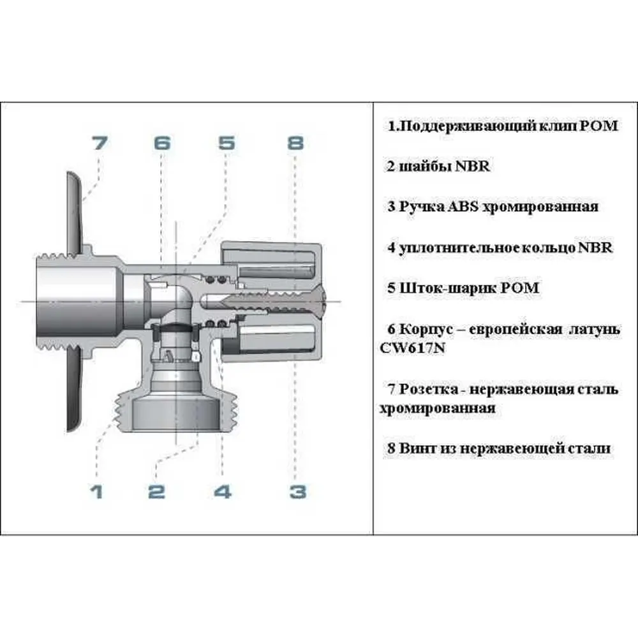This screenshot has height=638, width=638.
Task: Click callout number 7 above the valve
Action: tap(100, 143)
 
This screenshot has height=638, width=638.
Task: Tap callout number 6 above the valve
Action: tap(162, 143)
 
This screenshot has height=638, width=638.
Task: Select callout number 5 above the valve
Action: tap(226, 143)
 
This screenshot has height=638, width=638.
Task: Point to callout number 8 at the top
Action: tap(296, 143)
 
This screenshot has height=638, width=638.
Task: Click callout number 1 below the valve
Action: tap(96, 491)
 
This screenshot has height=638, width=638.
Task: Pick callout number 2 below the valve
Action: tap(157, 491)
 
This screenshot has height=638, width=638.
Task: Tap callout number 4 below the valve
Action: tap(223, 491)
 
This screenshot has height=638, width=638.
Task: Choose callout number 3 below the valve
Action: tap(298, 491)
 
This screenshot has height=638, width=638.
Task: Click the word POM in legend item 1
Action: tap(598, 126)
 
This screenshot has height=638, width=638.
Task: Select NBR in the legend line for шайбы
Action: tap(472, 166)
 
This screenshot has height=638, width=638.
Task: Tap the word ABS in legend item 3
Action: tap(463, 206)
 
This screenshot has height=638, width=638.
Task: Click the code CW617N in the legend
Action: tap(412, 348)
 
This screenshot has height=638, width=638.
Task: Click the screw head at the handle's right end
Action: tap(321, 301)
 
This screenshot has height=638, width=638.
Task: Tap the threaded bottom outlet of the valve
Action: tap(176, 412)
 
